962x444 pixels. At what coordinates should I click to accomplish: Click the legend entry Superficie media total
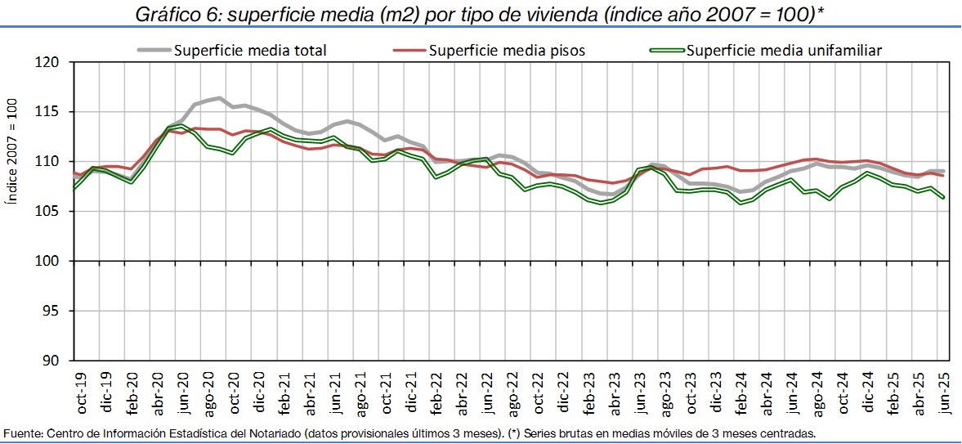click(249, 50)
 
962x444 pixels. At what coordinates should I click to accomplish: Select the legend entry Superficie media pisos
click(506, 50)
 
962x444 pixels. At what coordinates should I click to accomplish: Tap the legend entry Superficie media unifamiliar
click(784, 50)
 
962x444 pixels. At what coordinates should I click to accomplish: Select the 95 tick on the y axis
click(54, 311)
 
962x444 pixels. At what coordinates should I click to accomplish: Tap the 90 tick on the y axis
click(54, 361)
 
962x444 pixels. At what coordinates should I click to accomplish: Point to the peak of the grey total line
click(219, 98)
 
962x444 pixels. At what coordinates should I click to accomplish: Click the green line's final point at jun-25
click(944, 197)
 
